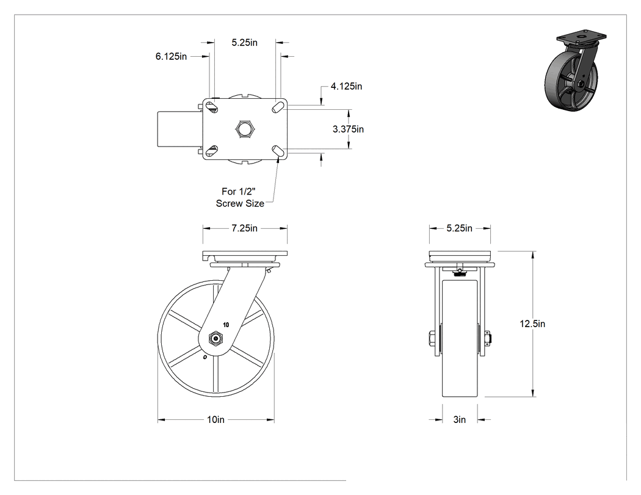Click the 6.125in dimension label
coord(171,56)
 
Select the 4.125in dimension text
coord(346,86)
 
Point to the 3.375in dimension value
coord(349,129)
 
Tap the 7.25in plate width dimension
coord(244,228)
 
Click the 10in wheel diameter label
coord(215,419)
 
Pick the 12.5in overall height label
coord(532,323)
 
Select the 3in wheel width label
coord(460,419)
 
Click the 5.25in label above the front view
coord(460,228)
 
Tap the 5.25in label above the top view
coord(244,43)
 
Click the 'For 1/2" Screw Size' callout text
coord(240,197)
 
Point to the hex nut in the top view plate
coord(245,129)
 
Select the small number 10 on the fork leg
coord(226,325)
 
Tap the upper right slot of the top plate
coord(277,107)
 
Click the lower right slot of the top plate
coord(277,151)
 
